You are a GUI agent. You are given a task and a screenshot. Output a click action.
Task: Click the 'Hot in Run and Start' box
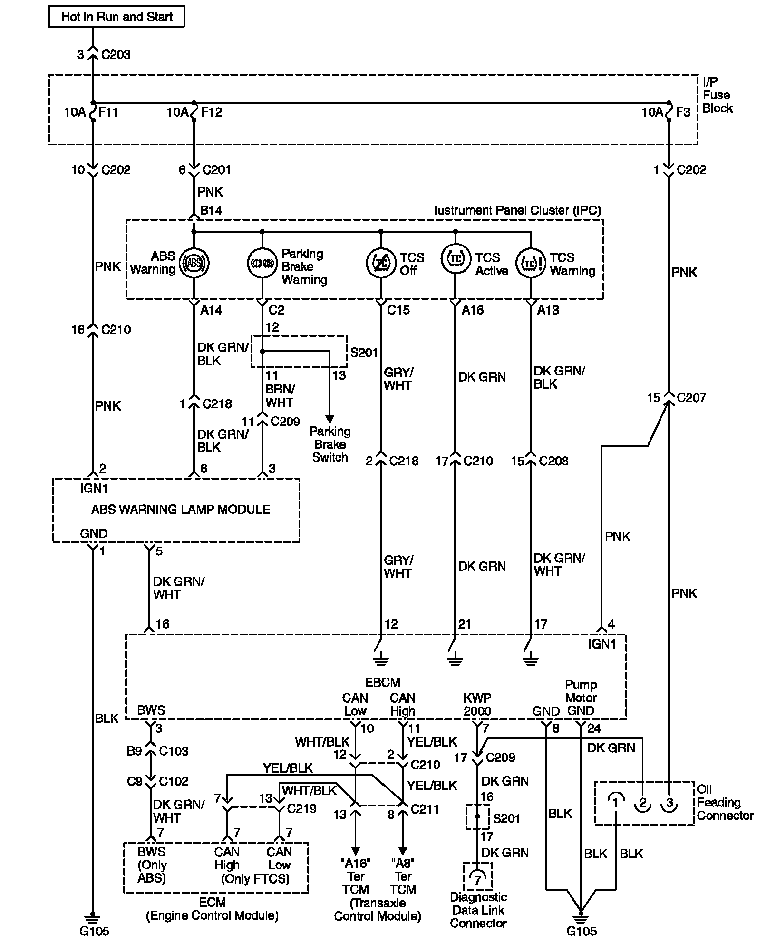pyautogui.click(x=116, y=17)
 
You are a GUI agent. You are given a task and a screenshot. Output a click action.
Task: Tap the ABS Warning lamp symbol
pyautogui.click(x=194, y=263)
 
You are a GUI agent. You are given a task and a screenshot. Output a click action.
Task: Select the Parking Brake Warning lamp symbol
pyautogui.click(x=262, y=263)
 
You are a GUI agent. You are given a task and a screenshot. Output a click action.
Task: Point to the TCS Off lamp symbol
pyautogui.click(x=381, y=263)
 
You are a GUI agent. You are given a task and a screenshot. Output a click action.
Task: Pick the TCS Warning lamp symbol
pyautogui.click(x=530, y=263)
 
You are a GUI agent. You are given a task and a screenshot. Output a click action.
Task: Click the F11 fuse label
pyautogui.click(x=108, y=112)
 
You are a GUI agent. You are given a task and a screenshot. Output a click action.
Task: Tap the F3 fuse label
pyautogui.click(x=683, y=112)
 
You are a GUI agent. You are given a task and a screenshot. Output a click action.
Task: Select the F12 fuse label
pyautogui.click(x=212, y=112)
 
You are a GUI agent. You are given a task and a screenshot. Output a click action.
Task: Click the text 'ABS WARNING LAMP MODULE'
pyautogui.click(x=181, y=510)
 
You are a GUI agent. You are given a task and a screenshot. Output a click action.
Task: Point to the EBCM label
pyautogui.click(x=382, y=682)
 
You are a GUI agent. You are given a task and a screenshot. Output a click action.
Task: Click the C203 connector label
pyautogui.click(x=116, y=55)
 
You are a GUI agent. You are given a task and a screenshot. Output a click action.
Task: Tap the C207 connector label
pyautogui.click(x=691, y=398)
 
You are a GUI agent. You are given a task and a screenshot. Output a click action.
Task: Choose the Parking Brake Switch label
pyautogui.click(x=330, y=444)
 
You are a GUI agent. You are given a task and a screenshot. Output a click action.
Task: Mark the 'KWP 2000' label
pyautogui.click(x=477, y=705)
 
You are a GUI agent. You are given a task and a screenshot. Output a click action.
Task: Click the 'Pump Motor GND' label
pyautogui.click(x=581, y=698)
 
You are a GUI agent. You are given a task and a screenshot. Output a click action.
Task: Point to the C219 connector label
pyautogui.click(x=302, y=808)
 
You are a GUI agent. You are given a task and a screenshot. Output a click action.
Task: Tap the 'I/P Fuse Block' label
pyautogui.click(x=717, y=95)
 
